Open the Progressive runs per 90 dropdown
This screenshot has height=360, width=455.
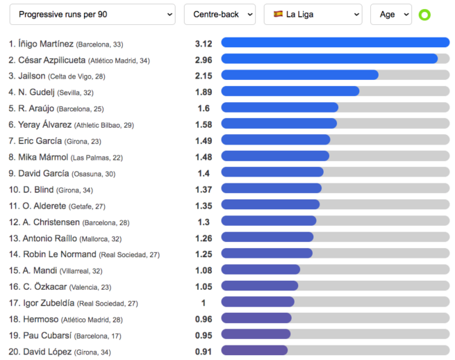pos(96,14)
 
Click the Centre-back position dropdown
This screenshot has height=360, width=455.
pos(220,14)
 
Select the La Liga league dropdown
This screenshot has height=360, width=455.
pos(313,14)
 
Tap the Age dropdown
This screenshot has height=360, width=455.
pos(390,14)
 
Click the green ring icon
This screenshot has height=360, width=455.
pos(424,15)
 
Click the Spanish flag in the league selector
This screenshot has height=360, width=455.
pos(279,14)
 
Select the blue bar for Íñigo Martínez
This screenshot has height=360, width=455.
pos(335,43)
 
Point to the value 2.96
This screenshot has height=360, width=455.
pos(204,60)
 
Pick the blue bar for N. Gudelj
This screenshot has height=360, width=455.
pos(290,92)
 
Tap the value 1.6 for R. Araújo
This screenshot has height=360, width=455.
pos(204,108)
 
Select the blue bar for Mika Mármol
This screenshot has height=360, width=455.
pos(275,156)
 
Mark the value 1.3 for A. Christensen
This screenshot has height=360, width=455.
pos(204,222)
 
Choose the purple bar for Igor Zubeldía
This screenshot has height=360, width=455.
pos(258,302)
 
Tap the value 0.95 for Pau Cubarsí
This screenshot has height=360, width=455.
pos(204,336)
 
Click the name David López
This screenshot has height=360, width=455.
pos(46,352)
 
